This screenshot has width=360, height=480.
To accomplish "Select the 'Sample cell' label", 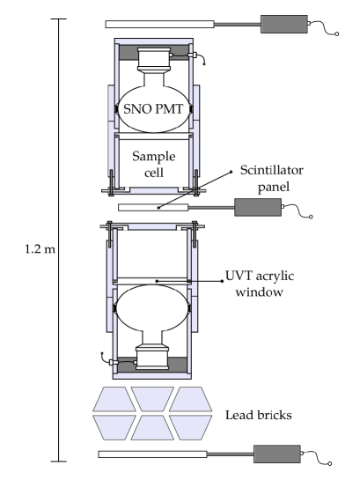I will (153, 163).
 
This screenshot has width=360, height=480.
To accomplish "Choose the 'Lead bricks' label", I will (261, 414).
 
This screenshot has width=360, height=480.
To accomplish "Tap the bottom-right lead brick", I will (196, 428).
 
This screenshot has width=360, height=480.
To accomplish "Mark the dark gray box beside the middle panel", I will (258, 207).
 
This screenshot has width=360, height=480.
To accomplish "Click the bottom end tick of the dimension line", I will (59, 462).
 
